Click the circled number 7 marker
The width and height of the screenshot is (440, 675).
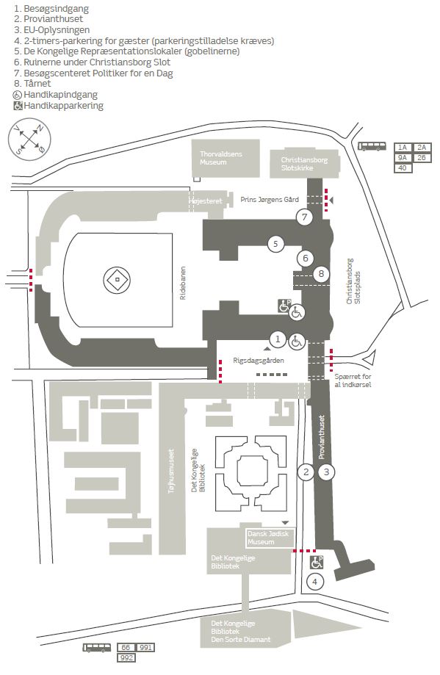point(304,217)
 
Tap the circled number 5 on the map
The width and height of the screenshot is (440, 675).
point(275,244)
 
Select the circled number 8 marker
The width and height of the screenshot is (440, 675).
point(321,273)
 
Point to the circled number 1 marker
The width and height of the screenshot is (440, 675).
point(278,339)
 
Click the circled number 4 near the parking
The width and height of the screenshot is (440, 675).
point(314,582)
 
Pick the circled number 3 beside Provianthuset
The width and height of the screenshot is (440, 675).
point(326,472)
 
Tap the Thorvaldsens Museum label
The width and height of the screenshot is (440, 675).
point(221,158)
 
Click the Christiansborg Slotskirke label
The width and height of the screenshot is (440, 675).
point(304,164)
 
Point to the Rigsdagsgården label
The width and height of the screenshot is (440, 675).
point(259,361)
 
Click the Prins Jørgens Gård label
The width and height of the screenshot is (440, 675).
point(270,200)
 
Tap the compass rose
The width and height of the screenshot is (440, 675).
point(29,139)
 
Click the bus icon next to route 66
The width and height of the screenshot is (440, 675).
point(97,647)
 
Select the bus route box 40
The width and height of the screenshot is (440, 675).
point(403,168)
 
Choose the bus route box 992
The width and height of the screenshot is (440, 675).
point(126,657)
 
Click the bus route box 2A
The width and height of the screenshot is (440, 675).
point(422,148)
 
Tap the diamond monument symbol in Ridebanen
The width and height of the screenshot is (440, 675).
point(117,280)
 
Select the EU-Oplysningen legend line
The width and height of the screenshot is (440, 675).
point(51,30)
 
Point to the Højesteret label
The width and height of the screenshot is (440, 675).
point(206,201)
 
